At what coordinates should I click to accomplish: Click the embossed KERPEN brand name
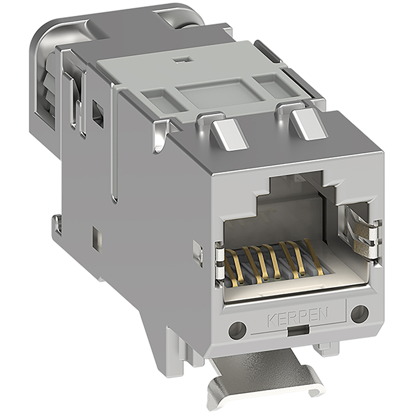coord(298,317)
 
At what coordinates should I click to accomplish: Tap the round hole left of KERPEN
coord(237,330)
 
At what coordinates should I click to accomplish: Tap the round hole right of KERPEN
coord(359,314)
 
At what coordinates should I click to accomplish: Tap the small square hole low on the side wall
coord(97,239)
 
